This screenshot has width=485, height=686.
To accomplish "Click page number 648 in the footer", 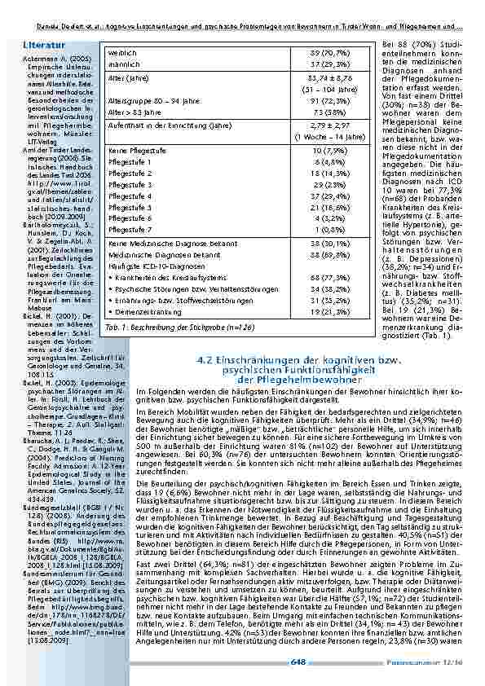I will pyautogui.click(x=298, y=664).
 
